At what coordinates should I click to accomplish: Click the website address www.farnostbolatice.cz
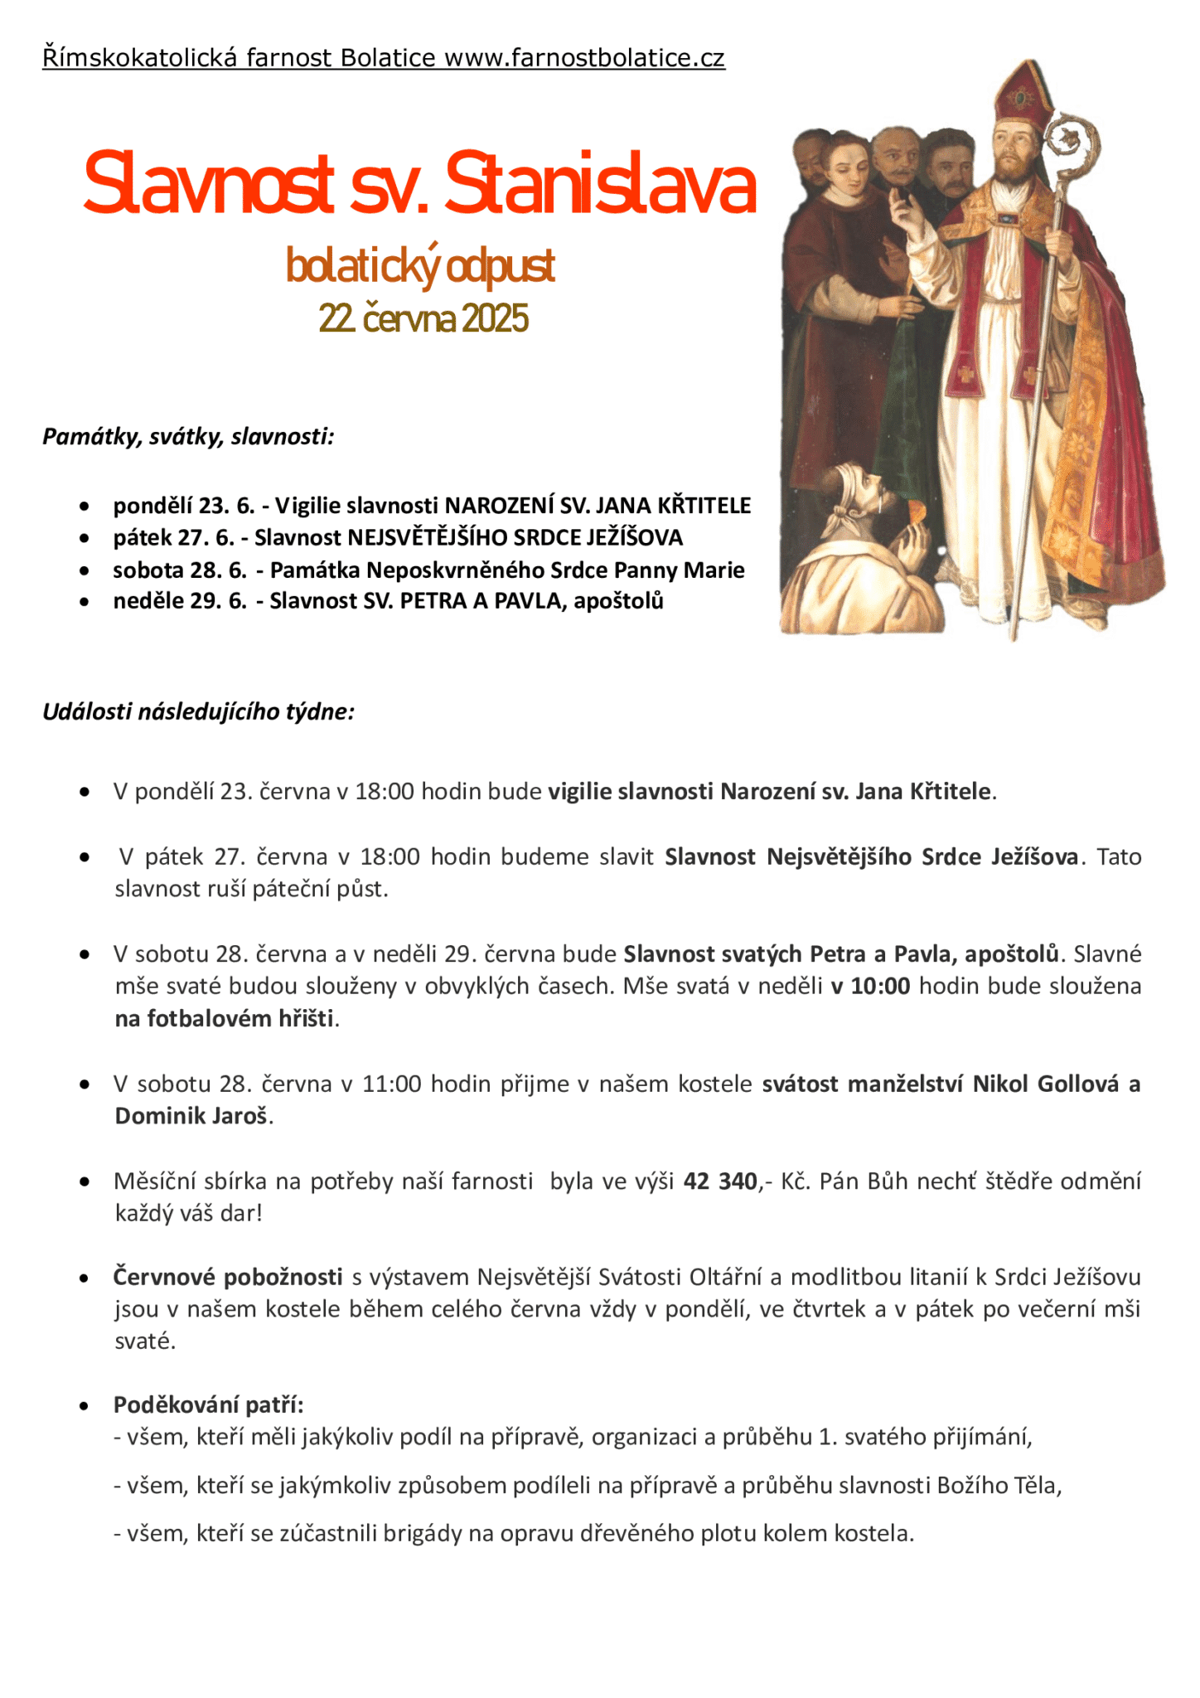(x=584, y=58)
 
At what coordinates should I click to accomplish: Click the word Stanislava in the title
(x=600, y=184)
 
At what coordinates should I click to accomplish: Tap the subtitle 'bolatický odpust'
(x=420, y=266)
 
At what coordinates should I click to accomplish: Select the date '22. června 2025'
(x=423, y=318)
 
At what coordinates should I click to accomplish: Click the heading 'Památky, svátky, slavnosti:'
(x=188, y=436)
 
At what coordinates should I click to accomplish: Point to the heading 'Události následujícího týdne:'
(x=199, y=711)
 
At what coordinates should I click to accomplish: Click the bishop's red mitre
(x=1019, y=92)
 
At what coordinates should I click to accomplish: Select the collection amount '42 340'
(x=720, y=1181)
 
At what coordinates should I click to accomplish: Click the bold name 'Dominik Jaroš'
(x=192, y=1116)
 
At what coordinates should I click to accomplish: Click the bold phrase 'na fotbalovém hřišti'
(x=224, y=1018)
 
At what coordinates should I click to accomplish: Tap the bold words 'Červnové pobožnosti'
(x=228, y=1277)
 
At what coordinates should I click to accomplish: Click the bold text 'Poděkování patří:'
(x=209, y=1404)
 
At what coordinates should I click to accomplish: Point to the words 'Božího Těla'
(x=998, y=1485)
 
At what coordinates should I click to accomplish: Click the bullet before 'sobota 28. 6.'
(x=85, y=570)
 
